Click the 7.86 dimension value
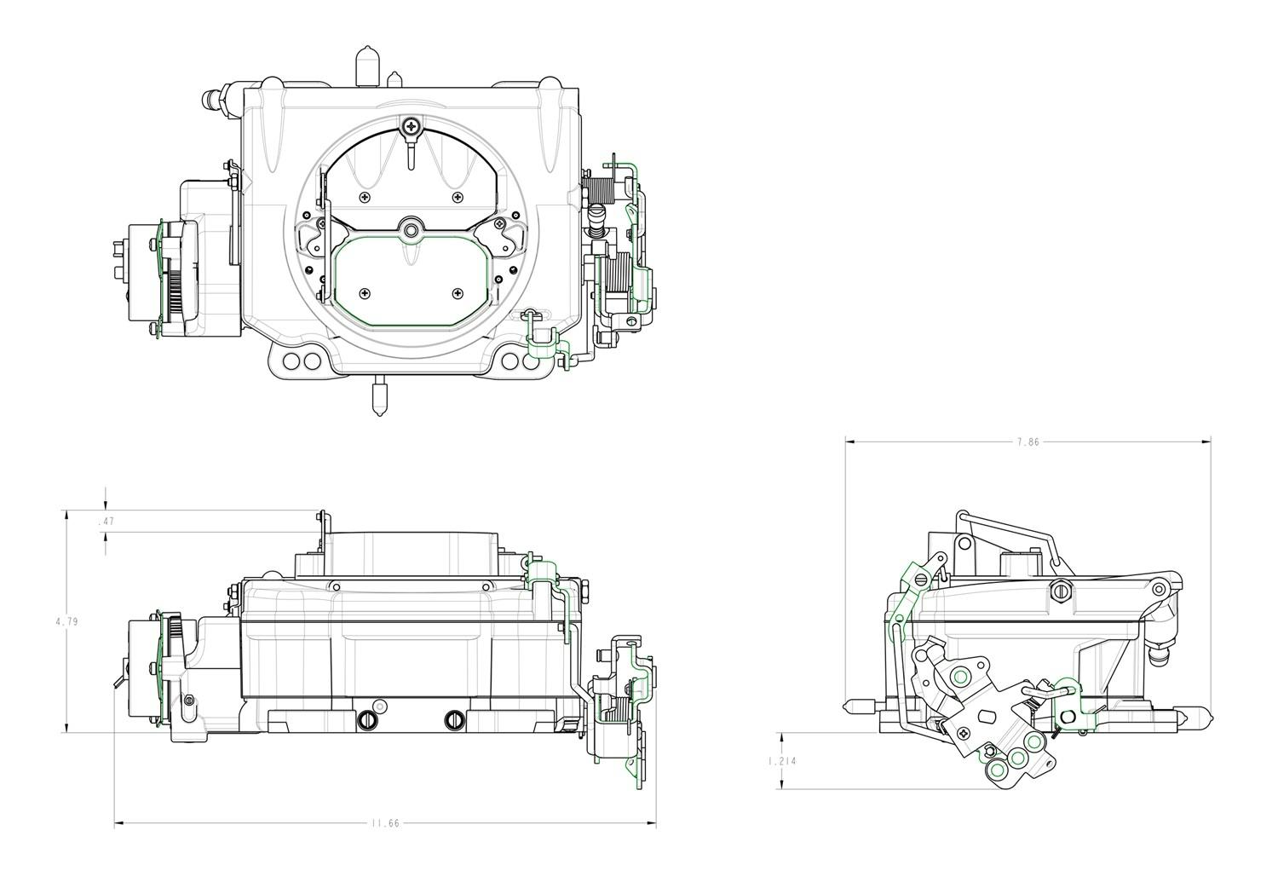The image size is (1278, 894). (x=1028, y=442)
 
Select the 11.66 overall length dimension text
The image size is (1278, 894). (x=384, y=823)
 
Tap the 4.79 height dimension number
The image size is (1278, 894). (x=66, y=622)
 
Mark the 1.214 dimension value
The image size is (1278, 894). (x=781, y=761)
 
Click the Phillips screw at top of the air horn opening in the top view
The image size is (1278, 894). (x=412, y=126)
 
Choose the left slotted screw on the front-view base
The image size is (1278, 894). (x=368, y=719)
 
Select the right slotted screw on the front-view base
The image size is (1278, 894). (x=455, y=719)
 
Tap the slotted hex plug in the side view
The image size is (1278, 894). (x=1061, y=590)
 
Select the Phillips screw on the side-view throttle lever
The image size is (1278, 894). (x=964, y=732)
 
